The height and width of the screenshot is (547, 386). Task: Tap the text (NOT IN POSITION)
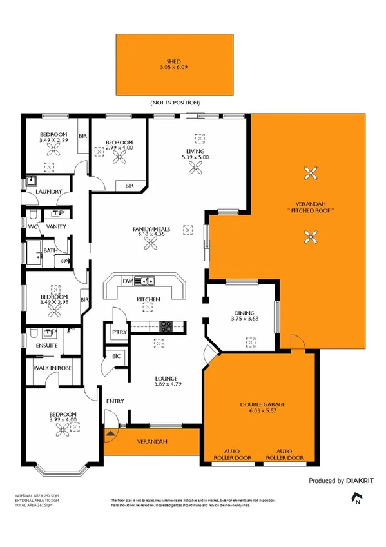(x=175, y=103)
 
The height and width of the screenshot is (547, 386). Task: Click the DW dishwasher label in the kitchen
(x=128, y=281)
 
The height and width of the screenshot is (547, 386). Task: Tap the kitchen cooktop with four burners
(x=166, y=326)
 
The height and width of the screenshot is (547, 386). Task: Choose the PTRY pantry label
(x=118, y=332)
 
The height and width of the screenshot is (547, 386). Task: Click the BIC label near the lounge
(x=117, y=355)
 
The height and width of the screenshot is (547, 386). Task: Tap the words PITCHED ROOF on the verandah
(x=314, y=212)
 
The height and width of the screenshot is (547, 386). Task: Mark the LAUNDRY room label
(x=49, y=192)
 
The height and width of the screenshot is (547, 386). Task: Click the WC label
(x=32, y=226)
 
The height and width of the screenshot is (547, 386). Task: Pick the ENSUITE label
(x=46, y=346)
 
